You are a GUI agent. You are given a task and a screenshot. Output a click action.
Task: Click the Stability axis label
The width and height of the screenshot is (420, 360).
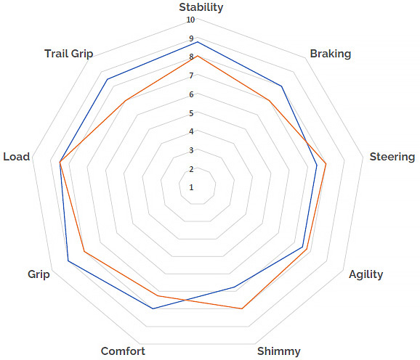pyautogui.click(x=201, y=8)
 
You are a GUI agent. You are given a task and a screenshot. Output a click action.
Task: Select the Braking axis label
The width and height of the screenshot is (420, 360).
pyautogui.click(x=331, y=54)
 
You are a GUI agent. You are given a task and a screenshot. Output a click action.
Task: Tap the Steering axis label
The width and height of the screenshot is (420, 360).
pyautogui.click(x=392, y=157)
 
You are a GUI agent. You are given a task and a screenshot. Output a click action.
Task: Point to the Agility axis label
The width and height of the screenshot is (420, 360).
pyautogui.click(x=366, y=274)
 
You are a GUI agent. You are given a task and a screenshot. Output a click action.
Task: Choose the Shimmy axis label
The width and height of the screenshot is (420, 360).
pyautogui.click(x=279, y=351)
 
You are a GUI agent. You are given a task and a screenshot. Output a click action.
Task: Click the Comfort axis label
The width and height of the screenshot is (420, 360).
pyautogui.click(x=123, y=351)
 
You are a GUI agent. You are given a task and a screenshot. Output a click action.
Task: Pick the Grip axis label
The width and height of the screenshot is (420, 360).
pyautogui.click(x=39, y=274)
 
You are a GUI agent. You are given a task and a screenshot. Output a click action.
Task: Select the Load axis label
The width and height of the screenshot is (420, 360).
pyautogui.click(x=16, y=157)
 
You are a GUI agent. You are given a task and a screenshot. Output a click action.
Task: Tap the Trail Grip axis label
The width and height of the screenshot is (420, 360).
pyautogui.click(x=69, y=54)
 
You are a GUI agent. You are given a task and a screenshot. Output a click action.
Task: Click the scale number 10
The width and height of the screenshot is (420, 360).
pyautogui.click(x=190, y=20)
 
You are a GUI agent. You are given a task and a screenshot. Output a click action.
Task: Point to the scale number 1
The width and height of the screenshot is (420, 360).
pyautogui.click(x=191, y=187)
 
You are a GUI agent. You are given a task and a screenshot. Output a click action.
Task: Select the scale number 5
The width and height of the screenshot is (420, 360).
pyautogui.click(x=191, y=113)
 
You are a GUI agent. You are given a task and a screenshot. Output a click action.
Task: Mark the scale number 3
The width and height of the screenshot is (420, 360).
pyautogui.click(x=191, y=150)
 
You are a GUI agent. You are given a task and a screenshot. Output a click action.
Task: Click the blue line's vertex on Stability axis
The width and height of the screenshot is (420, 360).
pyautogui.click(x=198, y=42)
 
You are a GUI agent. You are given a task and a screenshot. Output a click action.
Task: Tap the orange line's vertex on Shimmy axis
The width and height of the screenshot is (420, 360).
pyautogui.click(x=241, y=308)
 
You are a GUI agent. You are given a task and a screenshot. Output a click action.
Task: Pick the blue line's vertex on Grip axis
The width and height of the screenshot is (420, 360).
pyautogui.click(x=68, y=261)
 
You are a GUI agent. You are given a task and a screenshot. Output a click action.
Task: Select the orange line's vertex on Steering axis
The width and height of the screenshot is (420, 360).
pyautogui.click(x=326, y=163)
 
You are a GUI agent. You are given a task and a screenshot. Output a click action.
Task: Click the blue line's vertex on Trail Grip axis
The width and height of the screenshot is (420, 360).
pyautogui.click(x=108, y=79)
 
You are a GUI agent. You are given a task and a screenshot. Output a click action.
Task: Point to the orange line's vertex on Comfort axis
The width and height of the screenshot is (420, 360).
pyautogui.click(x=158, y=295)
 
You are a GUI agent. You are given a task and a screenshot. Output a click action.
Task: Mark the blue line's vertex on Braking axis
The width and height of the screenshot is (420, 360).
pyautogui.click(x=281, y=86)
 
